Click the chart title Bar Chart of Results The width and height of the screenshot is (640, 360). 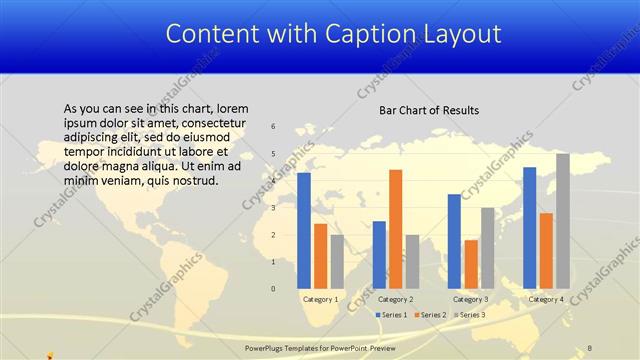click(x=429, y=110)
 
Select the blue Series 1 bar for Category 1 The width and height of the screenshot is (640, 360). click(x=304, y=230)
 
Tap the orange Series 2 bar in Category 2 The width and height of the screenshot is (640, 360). click(x=396, y=229)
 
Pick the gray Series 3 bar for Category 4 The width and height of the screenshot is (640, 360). click(x=563, y=221)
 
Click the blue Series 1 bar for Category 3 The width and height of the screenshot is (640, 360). click(x=454, y=241)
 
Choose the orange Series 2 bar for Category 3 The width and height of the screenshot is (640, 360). click(x=471, y=264)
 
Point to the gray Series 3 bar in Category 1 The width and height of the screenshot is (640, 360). click(x=337, y=261)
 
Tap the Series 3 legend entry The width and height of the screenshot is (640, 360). click(x=470, y=315)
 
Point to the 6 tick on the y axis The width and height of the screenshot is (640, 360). click(x=273, y=127)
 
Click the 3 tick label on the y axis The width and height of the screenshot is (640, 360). click(x=273, y=208)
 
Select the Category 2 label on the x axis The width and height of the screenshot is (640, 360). click(x=396, y=299)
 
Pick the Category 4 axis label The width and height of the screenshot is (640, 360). click(x=546, y=299)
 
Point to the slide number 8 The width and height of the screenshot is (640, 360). click(x=590, y=348)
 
